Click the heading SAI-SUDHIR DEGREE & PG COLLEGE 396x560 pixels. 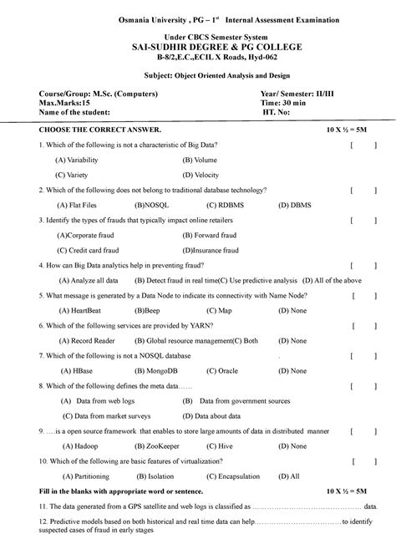click(197, 48)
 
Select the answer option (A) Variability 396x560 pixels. click(82, 159)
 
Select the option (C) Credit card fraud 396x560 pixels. click(89, 249)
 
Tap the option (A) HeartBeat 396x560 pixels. click(82, 309)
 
